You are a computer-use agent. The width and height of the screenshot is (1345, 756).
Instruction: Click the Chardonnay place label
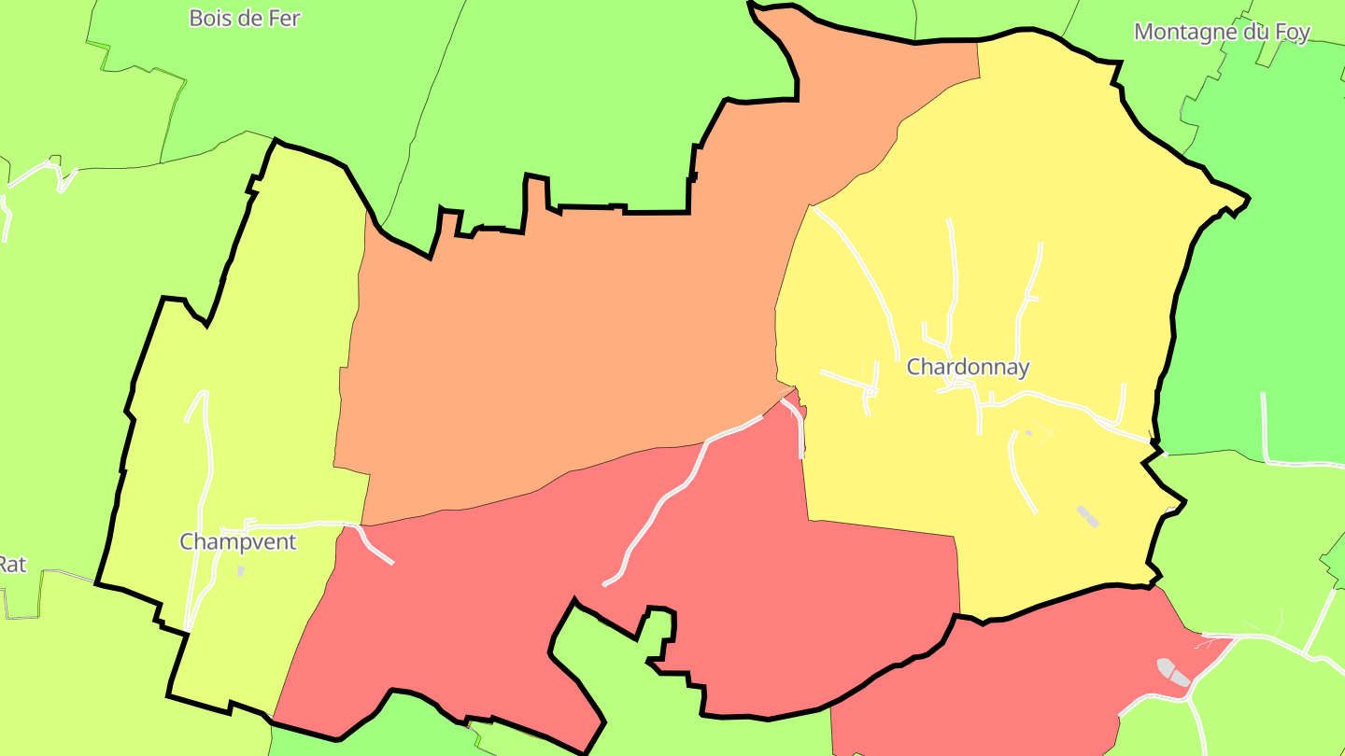[x=968, y=367]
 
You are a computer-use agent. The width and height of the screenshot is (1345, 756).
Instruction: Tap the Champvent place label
[x=237, y=541]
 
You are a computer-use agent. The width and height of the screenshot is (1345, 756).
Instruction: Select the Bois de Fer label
[x=245, y=18]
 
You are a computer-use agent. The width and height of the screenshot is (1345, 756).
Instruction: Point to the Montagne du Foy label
[x=1222, y=32]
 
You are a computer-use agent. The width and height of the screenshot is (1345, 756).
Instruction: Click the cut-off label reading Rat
[x=11, y=564]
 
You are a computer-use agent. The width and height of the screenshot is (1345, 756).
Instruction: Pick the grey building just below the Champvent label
[x=241, y=570]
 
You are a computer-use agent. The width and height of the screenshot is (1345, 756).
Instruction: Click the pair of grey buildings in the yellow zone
[x=1087, y=516]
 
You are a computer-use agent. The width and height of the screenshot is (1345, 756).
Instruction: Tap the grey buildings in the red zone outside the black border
[x=1173, y=672]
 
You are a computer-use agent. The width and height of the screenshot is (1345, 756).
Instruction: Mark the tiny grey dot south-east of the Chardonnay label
[x=1029, y=432]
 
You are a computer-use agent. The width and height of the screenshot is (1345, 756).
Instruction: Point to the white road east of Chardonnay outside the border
[x=1265, y=429]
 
